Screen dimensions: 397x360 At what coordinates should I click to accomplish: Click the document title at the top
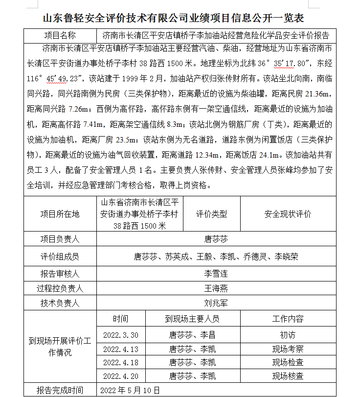(180, 18)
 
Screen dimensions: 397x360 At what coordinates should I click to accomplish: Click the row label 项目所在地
(60, 214)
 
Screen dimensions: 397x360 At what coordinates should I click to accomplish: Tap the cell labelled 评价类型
(212, 214)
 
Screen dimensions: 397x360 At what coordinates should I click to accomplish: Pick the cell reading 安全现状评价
(288, 214)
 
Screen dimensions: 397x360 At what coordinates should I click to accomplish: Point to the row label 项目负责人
(60, 239)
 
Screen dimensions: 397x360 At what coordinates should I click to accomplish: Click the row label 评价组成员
(60, 257)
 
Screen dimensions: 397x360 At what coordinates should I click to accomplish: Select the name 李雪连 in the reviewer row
(216, 274)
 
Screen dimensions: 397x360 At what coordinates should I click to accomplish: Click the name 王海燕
(216, 289)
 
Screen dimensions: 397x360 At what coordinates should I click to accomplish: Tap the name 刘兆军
(216, 304)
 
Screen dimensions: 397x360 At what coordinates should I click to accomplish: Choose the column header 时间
(121, 319)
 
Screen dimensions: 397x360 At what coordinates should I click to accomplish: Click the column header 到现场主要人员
(192, 319)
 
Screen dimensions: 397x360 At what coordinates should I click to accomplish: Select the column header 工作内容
(288, 319)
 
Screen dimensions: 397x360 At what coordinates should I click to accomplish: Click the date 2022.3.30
(121, 335)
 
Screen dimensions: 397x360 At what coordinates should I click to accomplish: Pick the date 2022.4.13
(121, 349)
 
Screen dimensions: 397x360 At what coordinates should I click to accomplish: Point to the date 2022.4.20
(121, 376)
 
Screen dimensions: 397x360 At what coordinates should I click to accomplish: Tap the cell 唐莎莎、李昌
(192, 335)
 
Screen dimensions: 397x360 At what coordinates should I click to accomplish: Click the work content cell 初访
(288, 335)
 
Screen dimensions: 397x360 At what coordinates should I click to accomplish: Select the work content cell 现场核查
(288, 376)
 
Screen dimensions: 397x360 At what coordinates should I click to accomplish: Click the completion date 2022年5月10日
(130, 390)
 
